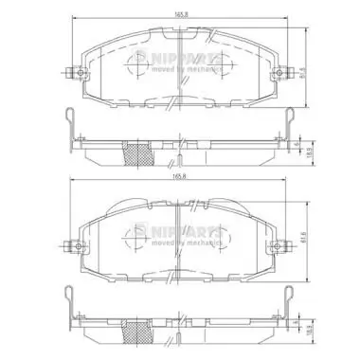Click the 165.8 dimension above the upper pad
click(180, 11)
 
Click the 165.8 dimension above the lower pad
click(180, 176)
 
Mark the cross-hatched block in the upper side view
click(141, 152)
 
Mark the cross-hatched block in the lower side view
click(141, 331)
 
